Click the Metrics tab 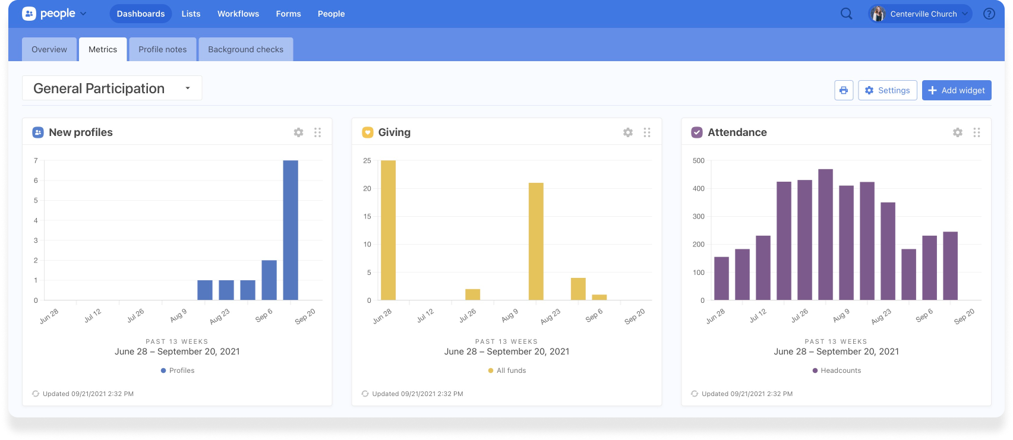tap(103, 49)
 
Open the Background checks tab tap(245, 49)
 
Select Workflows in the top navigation tap(238, 14)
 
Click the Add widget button tap(956, 90)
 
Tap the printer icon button tap(844, 90)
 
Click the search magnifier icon tap(846, 14)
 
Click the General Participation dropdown tap(112, 88)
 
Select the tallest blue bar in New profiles tap(291, 230)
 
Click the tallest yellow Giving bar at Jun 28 tap(388, 230)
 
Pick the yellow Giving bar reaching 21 tap(536, 242)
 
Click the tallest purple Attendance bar tap(825, 235)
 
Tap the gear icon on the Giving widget tap(627, 132)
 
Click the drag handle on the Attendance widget tap(976, 132)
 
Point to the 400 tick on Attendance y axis tap(699, 189)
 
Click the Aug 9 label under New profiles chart tap(178, 315)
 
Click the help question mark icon tap(989, 14)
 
